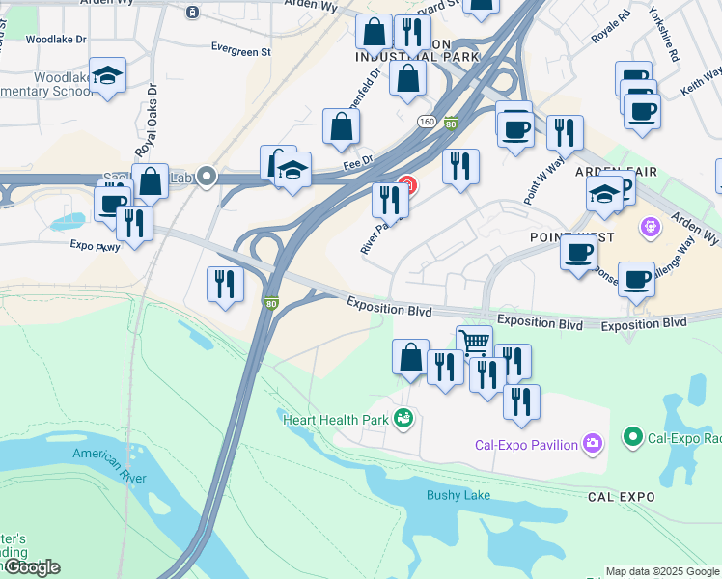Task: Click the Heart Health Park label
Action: tap(335, 418)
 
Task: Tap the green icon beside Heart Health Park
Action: tap(403, 419)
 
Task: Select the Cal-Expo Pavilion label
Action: tap(526, 445)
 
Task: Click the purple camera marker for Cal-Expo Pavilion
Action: tap(593, 444)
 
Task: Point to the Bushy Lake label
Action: tap(458, 495)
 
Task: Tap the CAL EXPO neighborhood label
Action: tap(621, 497)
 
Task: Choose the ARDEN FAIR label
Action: tap(616, 171)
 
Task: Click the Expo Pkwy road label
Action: tap(95, 246)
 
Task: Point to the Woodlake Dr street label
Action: tap(56, 40)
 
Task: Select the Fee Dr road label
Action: tap(357, 164)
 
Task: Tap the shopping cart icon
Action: tap(474, 343)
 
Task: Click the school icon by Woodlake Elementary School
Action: tap(108, 75)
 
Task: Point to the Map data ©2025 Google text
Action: tap(662, 571)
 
